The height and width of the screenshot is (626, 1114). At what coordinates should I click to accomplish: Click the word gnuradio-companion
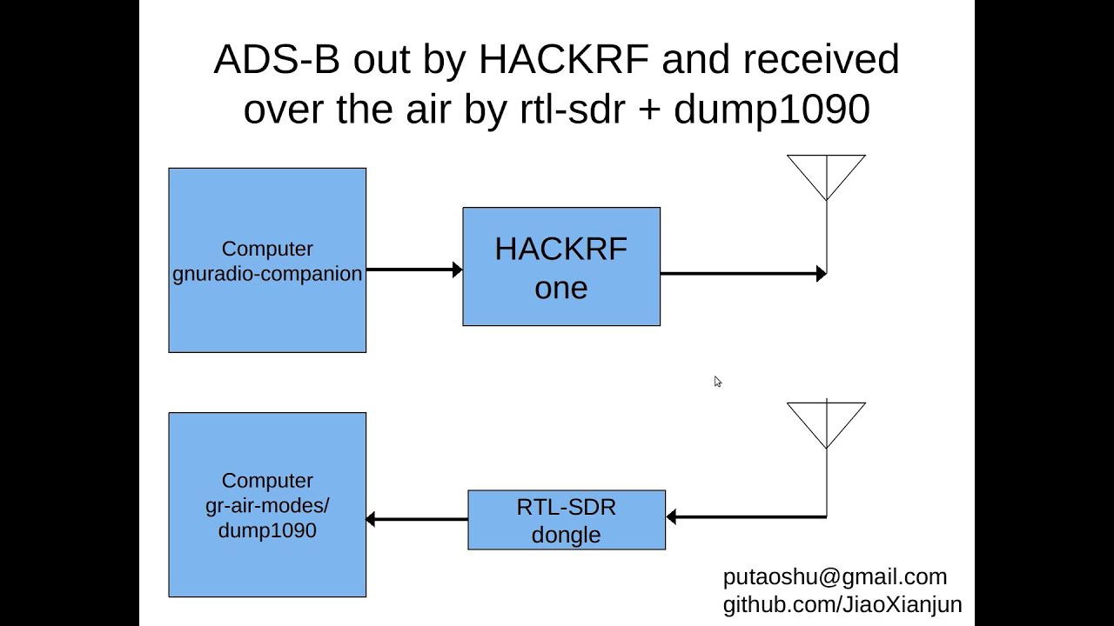(267, 274)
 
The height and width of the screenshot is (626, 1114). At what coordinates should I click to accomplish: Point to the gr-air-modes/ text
(267, 505)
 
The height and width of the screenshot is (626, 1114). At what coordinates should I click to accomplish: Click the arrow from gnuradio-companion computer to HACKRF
(414, 270)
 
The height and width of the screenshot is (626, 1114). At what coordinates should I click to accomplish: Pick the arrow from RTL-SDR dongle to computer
(417, 520)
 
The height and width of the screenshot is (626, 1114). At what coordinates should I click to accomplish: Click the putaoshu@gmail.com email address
(835, 577)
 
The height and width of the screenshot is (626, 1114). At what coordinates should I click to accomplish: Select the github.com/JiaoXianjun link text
(842, 605)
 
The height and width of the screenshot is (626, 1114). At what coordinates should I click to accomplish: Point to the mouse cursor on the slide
(717, 381)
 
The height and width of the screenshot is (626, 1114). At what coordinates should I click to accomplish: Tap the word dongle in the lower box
(566, 535)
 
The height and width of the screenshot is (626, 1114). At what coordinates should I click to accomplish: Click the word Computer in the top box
(267, 249)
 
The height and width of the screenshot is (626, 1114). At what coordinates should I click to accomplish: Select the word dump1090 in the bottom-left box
(267, 529)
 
